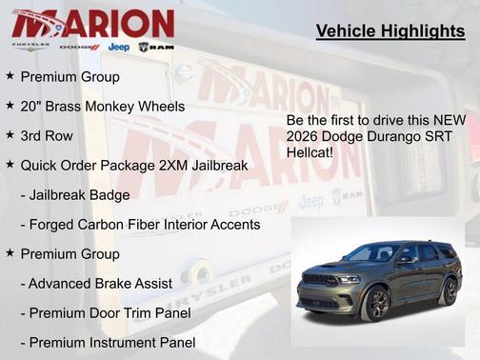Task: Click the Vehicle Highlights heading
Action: click(390, 32)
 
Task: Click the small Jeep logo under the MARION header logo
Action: click(118, 47)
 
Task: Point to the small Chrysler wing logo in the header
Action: click(30, 47)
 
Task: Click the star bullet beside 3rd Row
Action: click(10, 135)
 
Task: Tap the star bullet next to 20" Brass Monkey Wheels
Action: click(10, 106)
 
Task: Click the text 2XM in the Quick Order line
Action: click(174, 165)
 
